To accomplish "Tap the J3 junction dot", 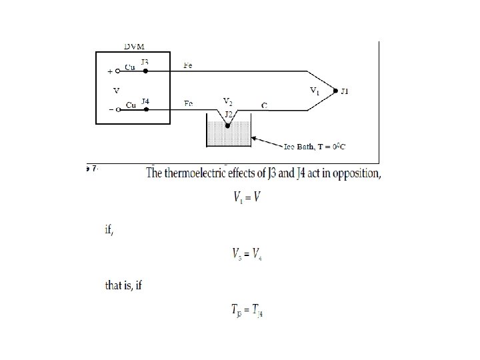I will point(145,69).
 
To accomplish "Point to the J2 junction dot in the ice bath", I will point(227,124).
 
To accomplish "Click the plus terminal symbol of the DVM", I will point(109,71).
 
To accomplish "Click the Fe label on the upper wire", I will point(189,65).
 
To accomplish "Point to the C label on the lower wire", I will point(264,105).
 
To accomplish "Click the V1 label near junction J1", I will point(315,89).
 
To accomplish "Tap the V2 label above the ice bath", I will point(227,101).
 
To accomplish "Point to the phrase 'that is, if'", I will point(124,285).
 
